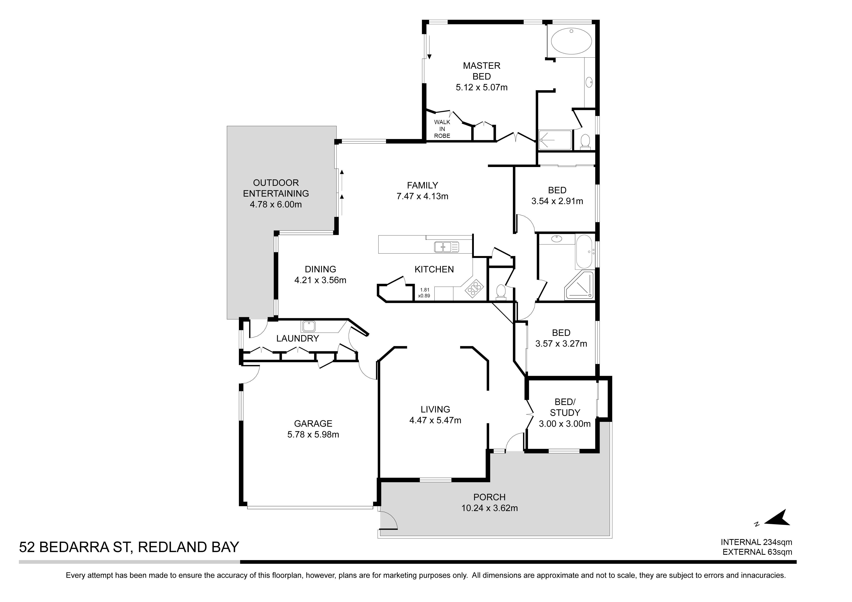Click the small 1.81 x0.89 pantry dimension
coord(424,293)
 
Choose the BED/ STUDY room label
coord(565,407)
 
